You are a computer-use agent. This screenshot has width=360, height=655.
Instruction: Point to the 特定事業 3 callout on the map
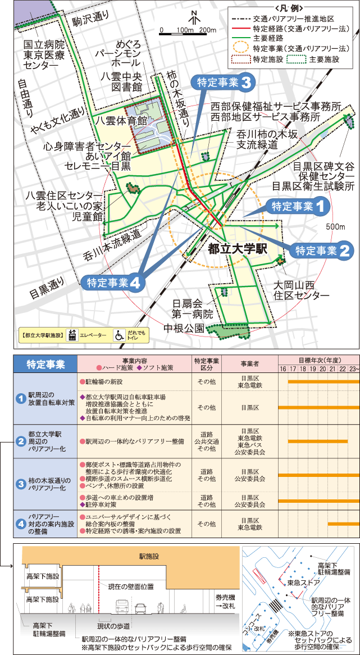click(x=224, y=83)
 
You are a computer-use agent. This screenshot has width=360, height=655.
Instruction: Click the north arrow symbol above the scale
click(x=193, y=17)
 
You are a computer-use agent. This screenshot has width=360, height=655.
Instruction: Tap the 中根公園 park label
click(x=183, y=329)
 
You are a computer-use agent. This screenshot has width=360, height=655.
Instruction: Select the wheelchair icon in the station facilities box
click(x=120, y=335)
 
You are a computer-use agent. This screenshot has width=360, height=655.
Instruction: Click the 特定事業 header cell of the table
click(x=45, y=363)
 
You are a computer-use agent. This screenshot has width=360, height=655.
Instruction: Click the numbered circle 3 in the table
click(x=20, y=484)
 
